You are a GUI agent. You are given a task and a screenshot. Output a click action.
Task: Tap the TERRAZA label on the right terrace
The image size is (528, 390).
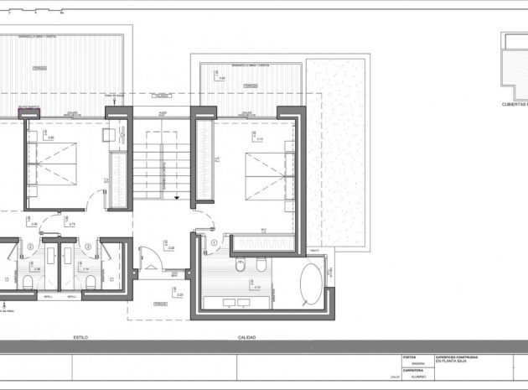249,86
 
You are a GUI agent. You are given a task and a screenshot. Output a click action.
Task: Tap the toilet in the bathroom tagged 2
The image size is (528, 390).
28,280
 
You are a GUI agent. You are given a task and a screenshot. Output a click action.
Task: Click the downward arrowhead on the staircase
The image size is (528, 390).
177,195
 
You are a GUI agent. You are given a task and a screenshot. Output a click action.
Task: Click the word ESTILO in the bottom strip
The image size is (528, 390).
80,337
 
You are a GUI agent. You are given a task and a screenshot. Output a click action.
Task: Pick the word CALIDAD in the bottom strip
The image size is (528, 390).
246,337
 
